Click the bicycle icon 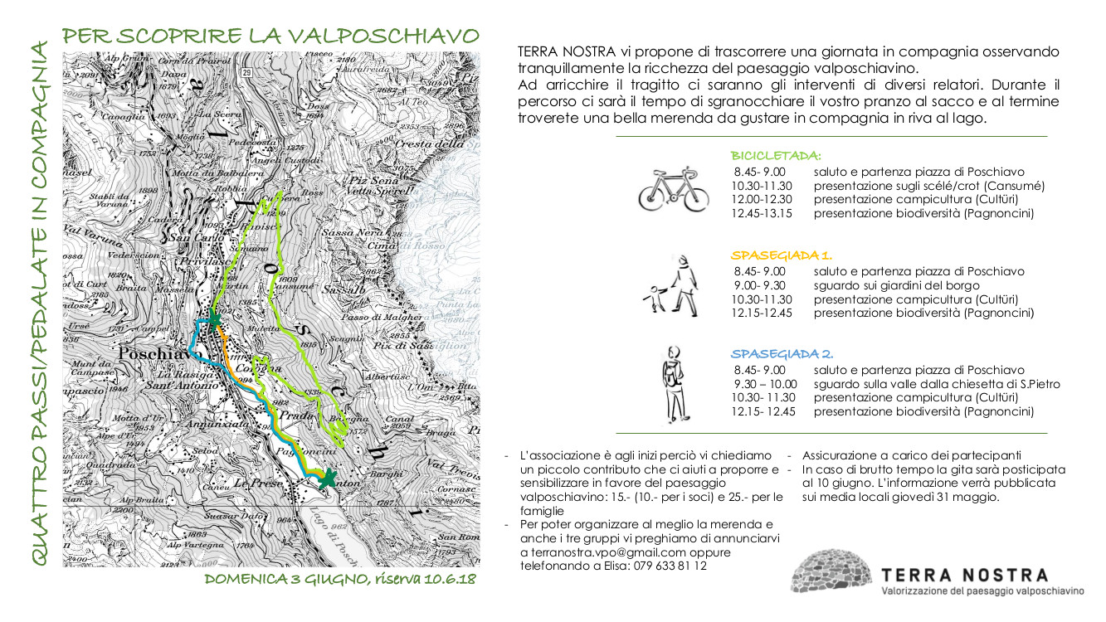pos(673,191)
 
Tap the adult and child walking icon pos(675,286)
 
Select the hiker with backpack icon pos(675,384)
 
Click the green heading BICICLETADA pos(776,155)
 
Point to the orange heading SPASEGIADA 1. pos(782,255)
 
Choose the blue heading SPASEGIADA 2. pos(782,353)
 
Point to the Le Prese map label pos(254,482)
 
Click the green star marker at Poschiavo pos(214,319)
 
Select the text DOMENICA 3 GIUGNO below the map pos(287,579)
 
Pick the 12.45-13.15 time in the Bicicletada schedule pos(762,214)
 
